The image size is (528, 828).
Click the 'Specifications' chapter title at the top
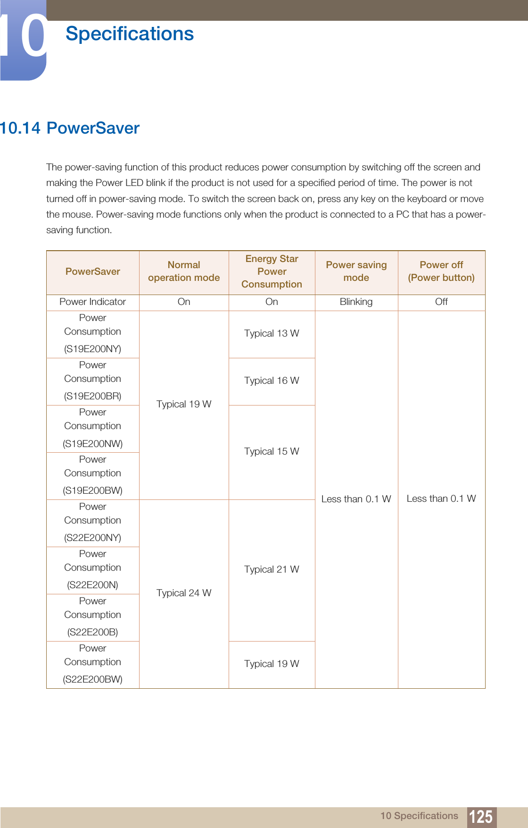[130, 34]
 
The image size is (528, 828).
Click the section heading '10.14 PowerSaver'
[70, 128]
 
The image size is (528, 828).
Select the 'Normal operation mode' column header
[184, 271]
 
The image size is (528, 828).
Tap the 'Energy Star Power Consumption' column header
[272, 271]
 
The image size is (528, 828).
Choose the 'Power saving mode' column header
[356, 271]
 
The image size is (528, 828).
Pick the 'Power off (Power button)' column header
[441, 271]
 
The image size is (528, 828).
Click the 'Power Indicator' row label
[92, 302]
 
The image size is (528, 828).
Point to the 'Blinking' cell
[356, 302]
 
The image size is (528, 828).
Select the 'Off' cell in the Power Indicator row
[441, 302]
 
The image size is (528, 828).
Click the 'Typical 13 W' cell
[272, 333]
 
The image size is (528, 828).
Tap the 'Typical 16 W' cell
[272, 380]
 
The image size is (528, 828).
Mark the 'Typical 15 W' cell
[272, 451]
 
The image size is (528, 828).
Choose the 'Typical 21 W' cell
[272, 569]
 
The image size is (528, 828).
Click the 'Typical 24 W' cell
[184, 593]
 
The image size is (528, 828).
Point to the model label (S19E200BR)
[92, 396]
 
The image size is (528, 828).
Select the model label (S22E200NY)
[92, 538]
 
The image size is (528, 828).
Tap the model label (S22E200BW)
[92, 679]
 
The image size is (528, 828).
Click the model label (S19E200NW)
[92, 443]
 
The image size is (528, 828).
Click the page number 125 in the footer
[481, 817]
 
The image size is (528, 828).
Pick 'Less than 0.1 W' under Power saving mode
[356, 499]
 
